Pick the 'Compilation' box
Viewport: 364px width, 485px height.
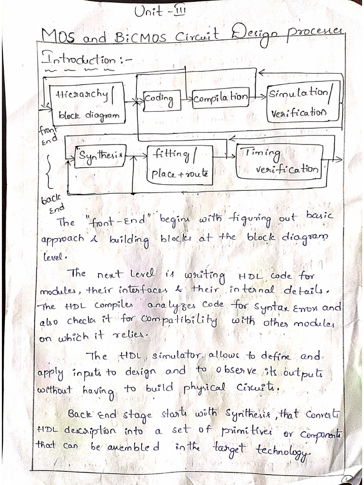[x=221, y=97]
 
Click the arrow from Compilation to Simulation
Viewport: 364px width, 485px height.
[x=259, y=96]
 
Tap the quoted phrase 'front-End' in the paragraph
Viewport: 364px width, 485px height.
[x=119, y=220]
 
